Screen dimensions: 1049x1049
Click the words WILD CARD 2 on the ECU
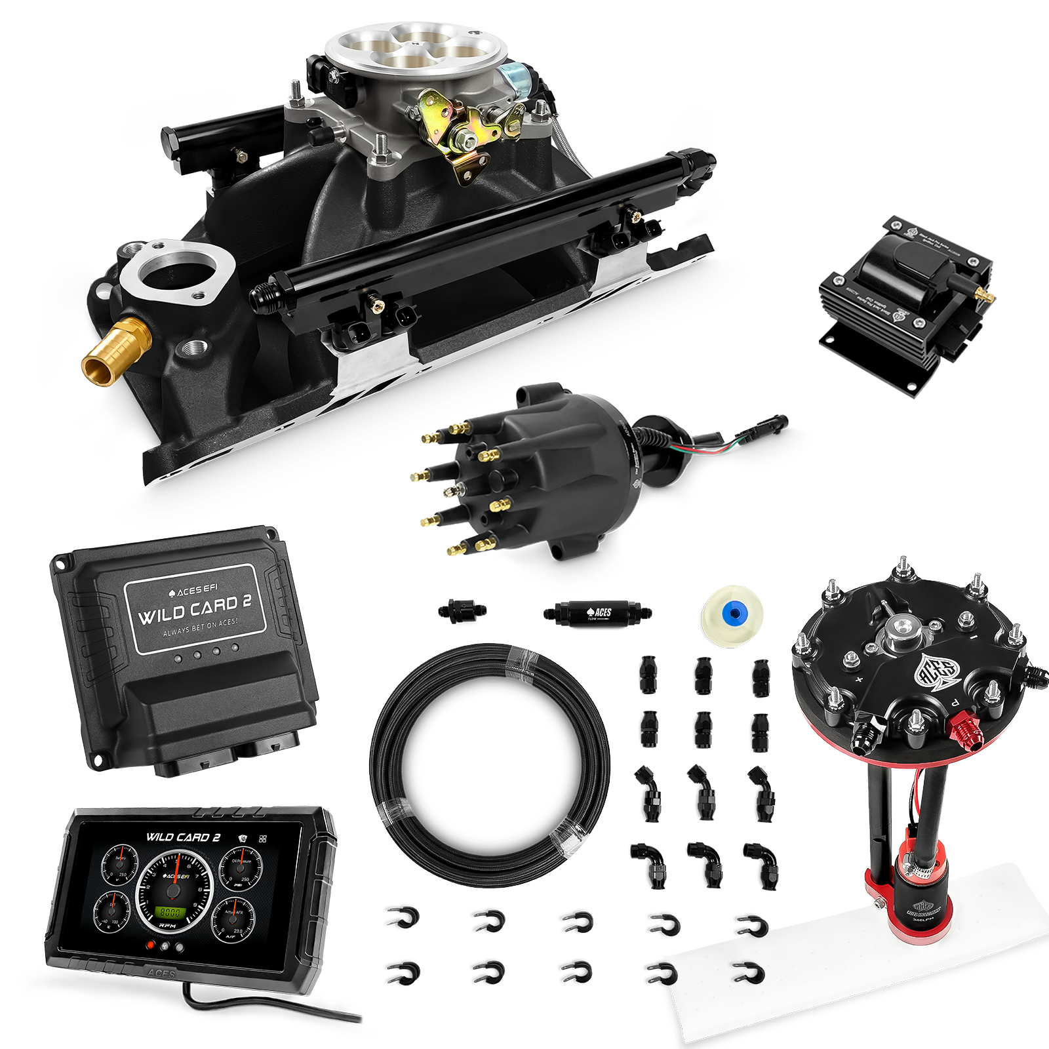click(195, 610)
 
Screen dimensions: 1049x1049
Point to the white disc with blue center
click(732, 614)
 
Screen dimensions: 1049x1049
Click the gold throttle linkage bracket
click(459, 131)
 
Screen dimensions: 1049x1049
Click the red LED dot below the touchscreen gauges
click(151, 945)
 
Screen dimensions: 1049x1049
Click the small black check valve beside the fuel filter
click(462, 611)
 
